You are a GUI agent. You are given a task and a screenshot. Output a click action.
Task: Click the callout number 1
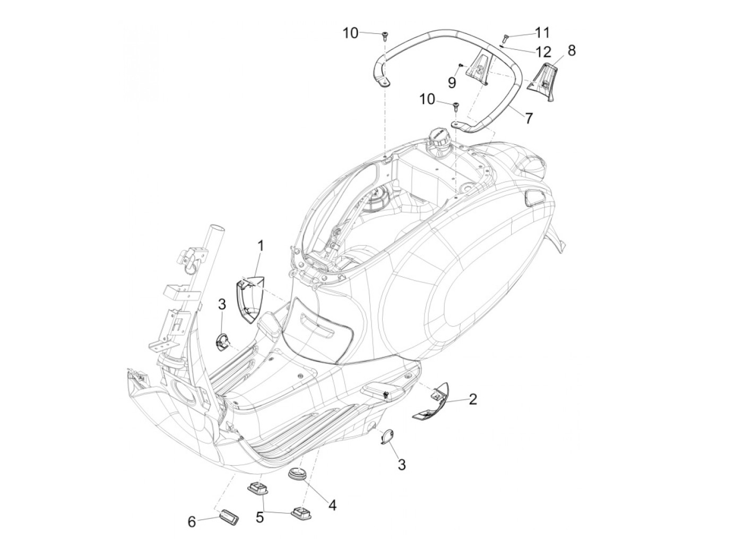261,246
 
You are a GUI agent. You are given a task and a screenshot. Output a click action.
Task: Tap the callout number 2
472,399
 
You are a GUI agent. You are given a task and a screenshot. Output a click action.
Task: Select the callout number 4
332,505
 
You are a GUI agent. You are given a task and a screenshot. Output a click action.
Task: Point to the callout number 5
260,517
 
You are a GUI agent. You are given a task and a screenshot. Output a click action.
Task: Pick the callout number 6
192,521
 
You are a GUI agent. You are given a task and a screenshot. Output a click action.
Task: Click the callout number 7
528,117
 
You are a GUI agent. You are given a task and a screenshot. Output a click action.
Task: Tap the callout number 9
452,82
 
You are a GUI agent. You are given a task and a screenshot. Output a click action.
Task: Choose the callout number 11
542,33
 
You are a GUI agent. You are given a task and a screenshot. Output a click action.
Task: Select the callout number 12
542,52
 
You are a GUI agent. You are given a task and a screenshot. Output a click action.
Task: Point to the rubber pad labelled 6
229,515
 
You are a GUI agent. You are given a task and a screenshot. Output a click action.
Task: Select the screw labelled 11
505,37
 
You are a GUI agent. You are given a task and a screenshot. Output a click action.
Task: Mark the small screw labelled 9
461,65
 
